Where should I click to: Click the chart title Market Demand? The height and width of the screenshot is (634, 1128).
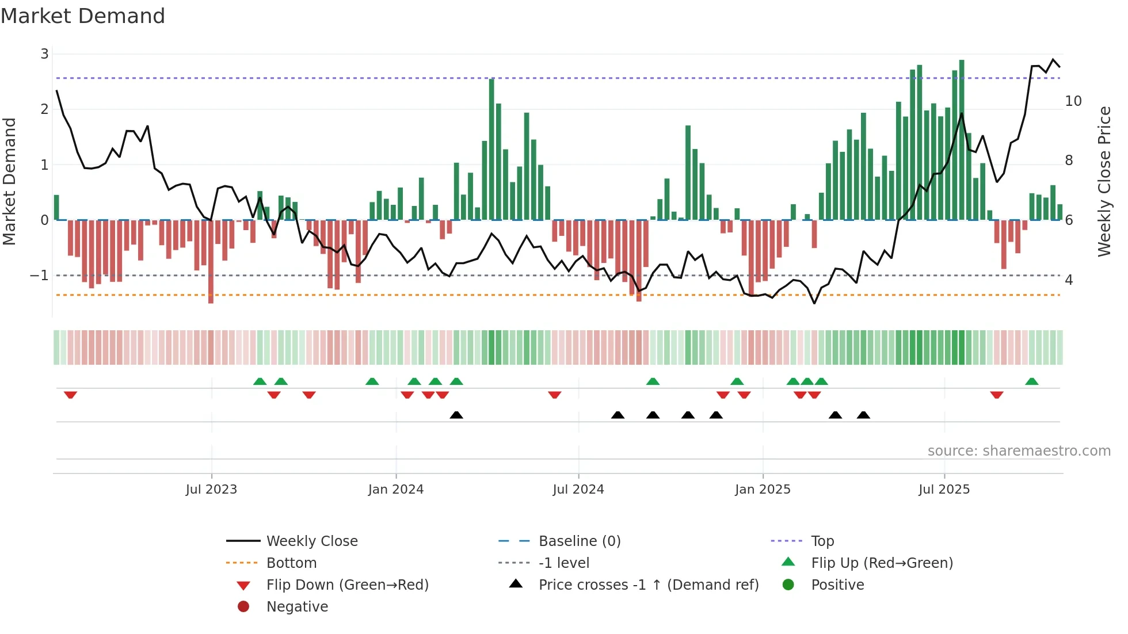(x=83, y=16)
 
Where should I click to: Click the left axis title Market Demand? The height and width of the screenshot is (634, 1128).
(x=10, y=182)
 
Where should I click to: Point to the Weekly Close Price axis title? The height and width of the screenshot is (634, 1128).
(x=1104, y=182)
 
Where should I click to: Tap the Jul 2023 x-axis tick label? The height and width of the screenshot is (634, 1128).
(x=211, y=490)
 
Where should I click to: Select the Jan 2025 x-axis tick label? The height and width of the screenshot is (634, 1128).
(x=763, y=490)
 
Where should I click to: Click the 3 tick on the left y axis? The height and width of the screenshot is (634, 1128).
(x=44, y=54)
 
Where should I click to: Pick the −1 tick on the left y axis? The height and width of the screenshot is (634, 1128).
(x=39, y=276)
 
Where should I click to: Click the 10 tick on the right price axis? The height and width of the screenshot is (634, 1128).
(x=1073, y=101)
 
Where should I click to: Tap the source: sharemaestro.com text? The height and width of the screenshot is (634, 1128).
(x=1019, y=451)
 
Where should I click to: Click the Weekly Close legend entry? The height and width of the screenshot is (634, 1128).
(x=311, y=541)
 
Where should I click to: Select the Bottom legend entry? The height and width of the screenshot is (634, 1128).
(x=291, y=563)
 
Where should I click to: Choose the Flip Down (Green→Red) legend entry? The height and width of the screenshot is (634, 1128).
(x=347, y=585)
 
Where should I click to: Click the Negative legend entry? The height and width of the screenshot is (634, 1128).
(x=297, y=607)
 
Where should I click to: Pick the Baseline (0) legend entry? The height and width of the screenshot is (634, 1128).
(x=579, y=541)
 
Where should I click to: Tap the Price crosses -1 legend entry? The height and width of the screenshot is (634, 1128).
(x=648, y=585)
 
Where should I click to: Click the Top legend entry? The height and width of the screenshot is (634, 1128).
(x=822, y=541)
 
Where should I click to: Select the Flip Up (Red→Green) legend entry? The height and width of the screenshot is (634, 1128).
(x=882, y=563)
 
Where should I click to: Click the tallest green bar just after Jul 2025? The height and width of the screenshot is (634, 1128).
(x=962, y=138)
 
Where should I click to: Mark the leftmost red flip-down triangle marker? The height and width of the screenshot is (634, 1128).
(x=70, y=395)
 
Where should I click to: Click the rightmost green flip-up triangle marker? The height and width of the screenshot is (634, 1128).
(x=1032, y=381)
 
